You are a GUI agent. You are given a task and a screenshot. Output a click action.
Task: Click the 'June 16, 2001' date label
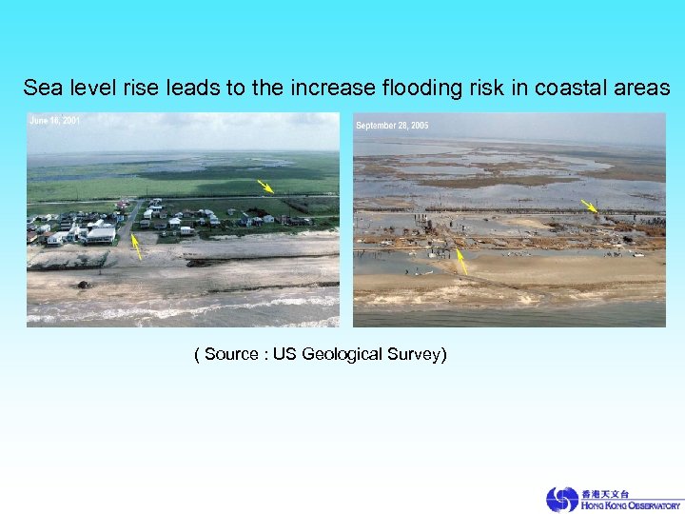54,121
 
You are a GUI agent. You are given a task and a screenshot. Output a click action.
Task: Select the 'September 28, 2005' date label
392,126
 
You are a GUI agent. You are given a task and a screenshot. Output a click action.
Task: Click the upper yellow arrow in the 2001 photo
265,187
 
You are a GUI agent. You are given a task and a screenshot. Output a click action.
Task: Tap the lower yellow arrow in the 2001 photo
136,247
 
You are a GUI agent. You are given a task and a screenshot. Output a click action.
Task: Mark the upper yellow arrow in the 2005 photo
590,207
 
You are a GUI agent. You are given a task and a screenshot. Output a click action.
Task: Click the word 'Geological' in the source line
348,355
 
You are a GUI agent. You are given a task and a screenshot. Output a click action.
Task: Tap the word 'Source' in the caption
231,355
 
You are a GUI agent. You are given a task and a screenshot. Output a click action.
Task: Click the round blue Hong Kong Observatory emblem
562,499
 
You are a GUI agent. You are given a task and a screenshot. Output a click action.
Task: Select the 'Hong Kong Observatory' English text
632,505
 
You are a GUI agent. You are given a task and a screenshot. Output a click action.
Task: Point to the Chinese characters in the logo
605,494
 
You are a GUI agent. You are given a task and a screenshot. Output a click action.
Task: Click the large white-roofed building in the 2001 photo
100,233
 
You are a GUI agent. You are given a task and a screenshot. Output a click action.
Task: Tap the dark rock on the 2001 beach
84,284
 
